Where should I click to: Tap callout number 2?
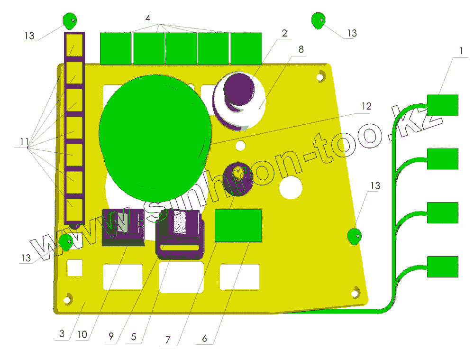click(x=284, y=33)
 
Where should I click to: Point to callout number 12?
click(x=366, y=106)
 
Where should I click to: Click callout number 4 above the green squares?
click(x=148, y=18)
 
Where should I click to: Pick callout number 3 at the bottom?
click(x=62, y=333)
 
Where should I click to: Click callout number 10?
click(x=82, y=334)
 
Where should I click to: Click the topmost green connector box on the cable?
click(x=442, y=105)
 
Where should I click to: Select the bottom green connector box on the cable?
click(x=442, y=267)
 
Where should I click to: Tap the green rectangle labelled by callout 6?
click(x=238, y=225)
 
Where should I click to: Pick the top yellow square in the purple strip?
click(x=74, y=46)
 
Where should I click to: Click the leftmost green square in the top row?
click(x=115, y=48)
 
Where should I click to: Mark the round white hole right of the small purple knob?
click(x=291, y=186)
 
